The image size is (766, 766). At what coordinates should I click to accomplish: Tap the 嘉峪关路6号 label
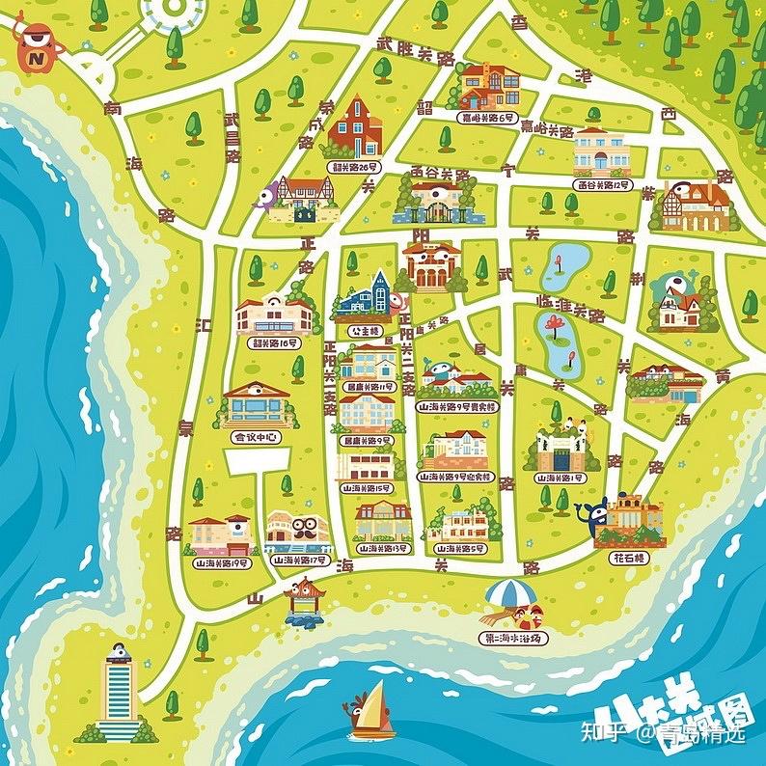pyautogui.click(x=485, y=116)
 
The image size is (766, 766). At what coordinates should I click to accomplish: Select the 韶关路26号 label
pyautogui.click(x=353, y=166)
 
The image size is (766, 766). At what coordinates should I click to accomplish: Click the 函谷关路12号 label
pyautogui.click(x=603, y=183)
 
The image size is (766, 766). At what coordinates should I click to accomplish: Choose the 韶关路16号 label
pyautogui.click(x=275, y=342)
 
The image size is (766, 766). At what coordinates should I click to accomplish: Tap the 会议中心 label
pyautogui.click(x=255, y=436)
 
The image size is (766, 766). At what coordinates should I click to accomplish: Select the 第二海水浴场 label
pyautogui.click(x=513, y=638)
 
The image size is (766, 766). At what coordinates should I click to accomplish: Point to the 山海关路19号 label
pyautogui.click(x=219, y=561)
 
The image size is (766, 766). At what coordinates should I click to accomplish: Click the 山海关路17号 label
pyautogui.click(x=298, y=560)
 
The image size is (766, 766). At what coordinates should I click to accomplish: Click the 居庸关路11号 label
pyautogui.click(x=368, y=386)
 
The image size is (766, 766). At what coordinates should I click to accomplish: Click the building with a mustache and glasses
pyautogui.click(x=299, y=530)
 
